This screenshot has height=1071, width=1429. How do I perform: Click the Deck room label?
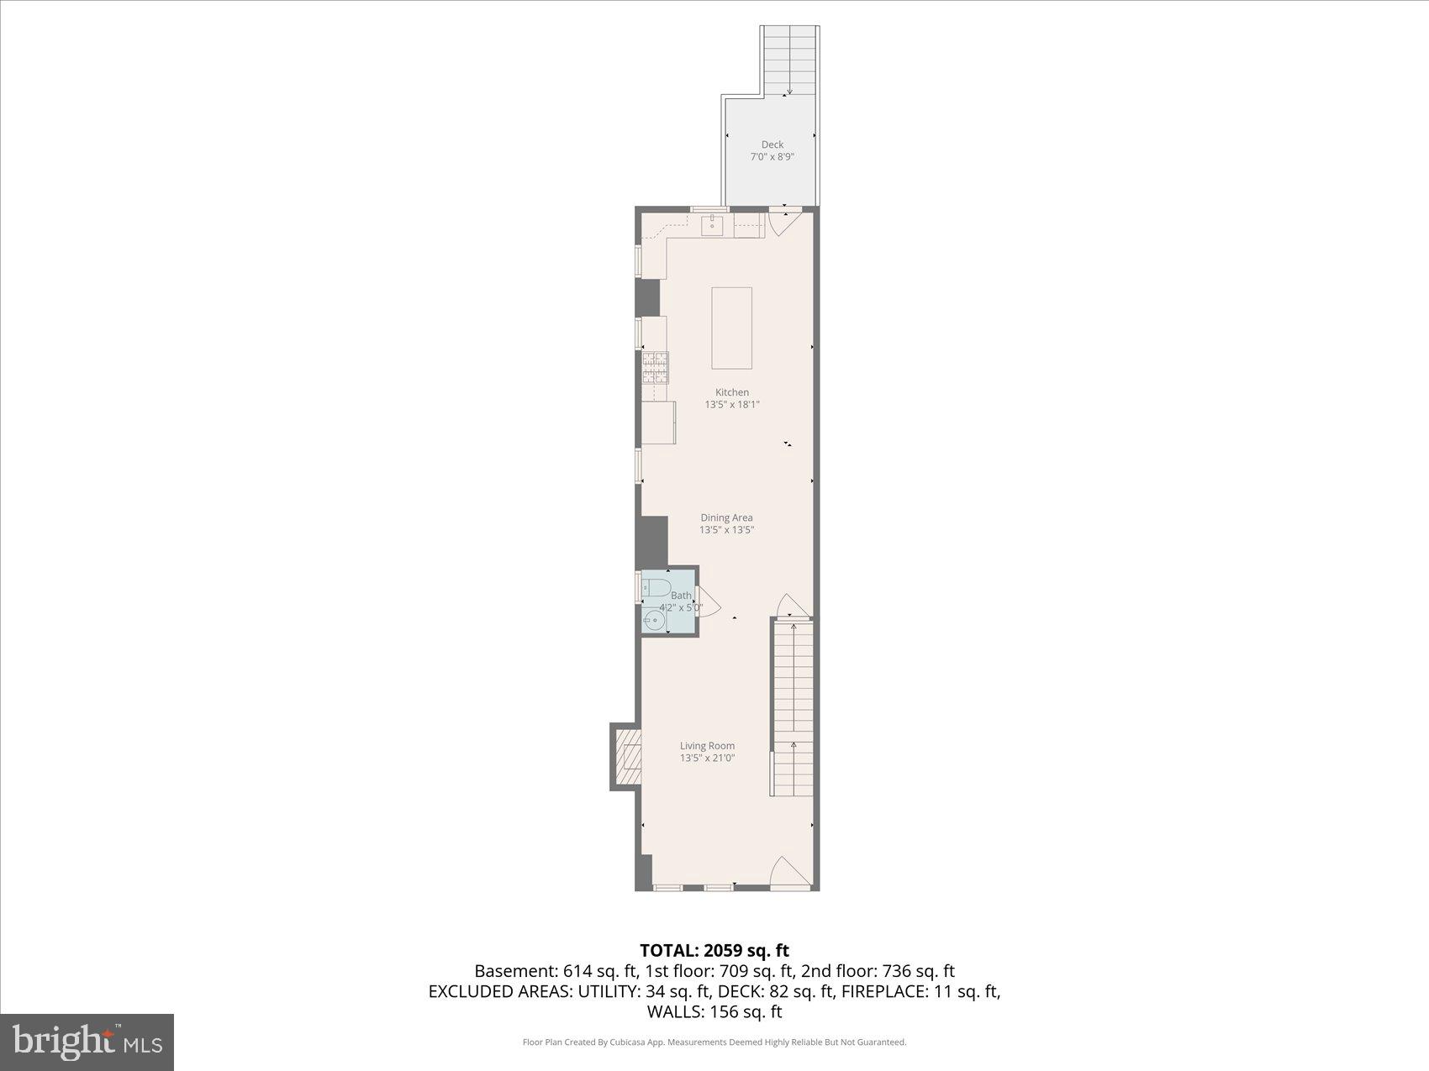(772, 144)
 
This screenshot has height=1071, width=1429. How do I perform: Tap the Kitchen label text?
(731, 392)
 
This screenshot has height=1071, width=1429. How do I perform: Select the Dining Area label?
(726, 517)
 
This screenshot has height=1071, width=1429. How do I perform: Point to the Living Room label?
(707, 745)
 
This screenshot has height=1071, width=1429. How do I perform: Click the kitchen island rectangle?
(731, 328)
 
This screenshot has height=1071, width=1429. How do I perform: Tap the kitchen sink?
(712, 224)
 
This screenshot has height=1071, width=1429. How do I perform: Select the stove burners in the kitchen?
(655, 367)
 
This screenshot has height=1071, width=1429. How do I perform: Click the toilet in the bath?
(656, 586)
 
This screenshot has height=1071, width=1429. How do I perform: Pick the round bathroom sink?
(654, 621)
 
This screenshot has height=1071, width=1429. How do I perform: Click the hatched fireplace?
(628, 757)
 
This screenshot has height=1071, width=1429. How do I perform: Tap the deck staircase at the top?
(789, 59)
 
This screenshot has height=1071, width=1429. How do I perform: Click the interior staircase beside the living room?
(793, 706)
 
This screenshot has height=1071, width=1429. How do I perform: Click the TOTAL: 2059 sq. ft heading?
(714, 950)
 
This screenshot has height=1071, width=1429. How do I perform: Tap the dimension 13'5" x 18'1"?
(731, 405)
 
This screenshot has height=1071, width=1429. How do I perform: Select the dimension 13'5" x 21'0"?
(707, 758)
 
